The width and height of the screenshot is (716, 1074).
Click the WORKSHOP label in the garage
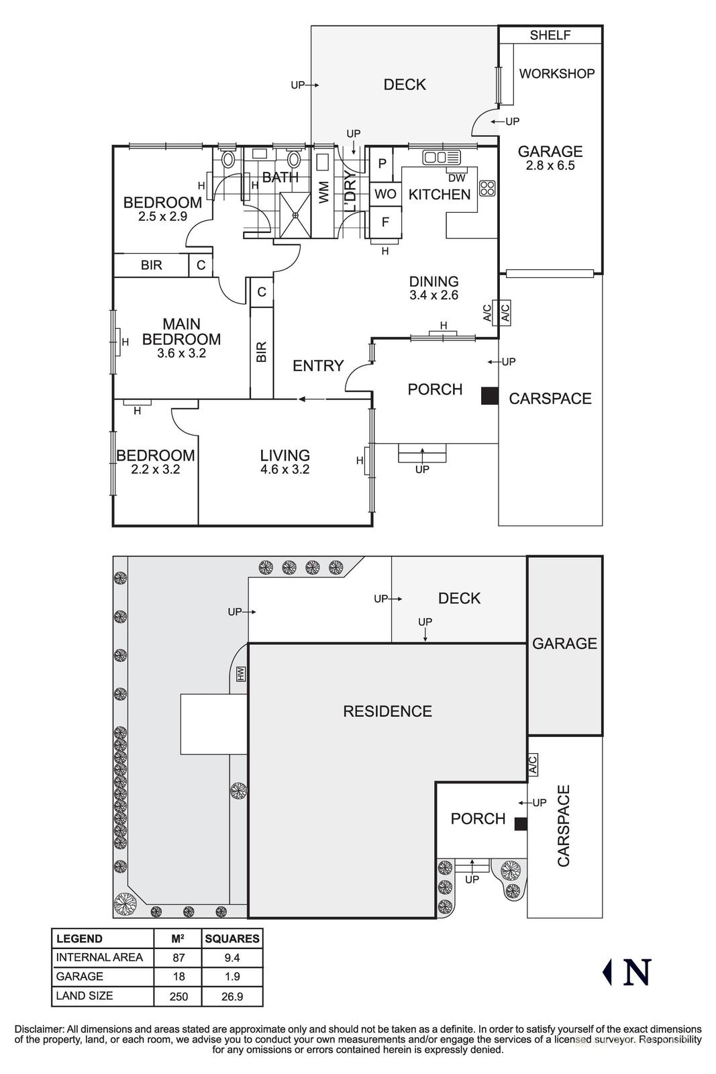(556, 73)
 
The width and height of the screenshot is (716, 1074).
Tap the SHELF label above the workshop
(550, 36)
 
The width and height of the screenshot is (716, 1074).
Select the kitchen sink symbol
(441, 157)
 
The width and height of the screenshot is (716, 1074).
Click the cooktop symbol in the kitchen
(487, 187)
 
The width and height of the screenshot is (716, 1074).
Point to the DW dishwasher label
(456, 178)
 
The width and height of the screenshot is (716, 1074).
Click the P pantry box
(382, 163)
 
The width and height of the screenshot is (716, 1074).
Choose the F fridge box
(385, 222)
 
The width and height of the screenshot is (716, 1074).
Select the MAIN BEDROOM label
(181, 332)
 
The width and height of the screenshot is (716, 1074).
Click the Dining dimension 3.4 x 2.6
(433, 295)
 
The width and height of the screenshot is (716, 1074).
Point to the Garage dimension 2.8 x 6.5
(550, 166)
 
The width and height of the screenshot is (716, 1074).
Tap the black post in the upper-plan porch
(489, 396)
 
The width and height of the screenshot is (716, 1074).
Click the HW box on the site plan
(241, 674)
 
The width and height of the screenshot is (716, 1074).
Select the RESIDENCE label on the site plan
(387, 712)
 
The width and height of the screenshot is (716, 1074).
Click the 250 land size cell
(178, 997)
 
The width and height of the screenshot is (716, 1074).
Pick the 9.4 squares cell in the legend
(232, 958)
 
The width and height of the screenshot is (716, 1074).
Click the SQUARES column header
(232, 938)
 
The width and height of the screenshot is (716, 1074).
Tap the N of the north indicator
(637, 972)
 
